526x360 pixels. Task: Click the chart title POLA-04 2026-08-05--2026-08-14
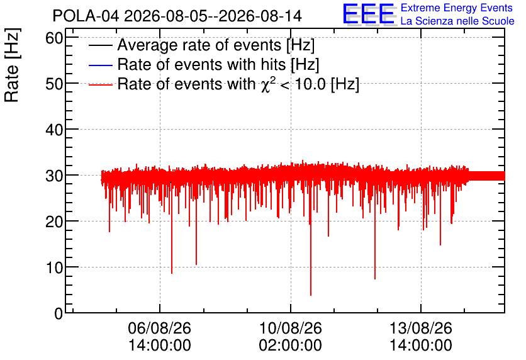pyautogui.click(x=177, y=16)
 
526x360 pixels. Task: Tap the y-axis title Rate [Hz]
pyautogui.click(x=12, y=65)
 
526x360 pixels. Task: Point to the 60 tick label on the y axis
pyautogui.click(x=54, y=38)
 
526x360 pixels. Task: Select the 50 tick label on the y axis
pyautogui.click(x=54, y=84)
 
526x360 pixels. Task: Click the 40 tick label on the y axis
pyautogui.click(x=54, y=130)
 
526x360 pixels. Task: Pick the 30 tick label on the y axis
pyautogui.click(x=54, y=176)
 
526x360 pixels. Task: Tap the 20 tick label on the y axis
pyautogui.click(x=54, y=222)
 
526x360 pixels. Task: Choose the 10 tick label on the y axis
pyautogui.click(x=54, y=267)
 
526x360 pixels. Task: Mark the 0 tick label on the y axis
pyautogui.click(x=59, y=313)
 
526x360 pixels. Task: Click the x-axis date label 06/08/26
pyautogui.click(x=160, y=328)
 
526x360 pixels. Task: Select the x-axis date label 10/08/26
pyautogui.click(x=291, y=328)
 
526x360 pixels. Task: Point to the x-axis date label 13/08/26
pyautogui.click(x=421, y=328)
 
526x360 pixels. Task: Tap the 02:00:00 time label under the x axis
pyautogui.click(x=291, y=346)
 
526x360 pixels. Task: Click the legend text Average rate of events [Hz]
pyautogui.click(x=216, y=45)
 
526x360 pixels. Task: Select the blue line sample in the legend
pyautogui.click(x=100, y=65)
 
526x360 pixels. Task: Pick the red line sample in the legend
pyautogui.click(x=100, y=85)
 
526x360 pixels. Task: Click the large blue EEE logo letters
pyautogui.click(x=369, y=14)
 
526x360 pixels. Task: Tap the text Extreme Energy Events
pyautogui.click(x=457, y=8)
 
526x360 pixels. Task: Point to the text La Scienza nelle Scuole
pyautogui.click(x=457, y=21)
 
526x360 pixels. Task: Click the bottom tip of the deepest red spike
pyautogui.click(x=311, y=295)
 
